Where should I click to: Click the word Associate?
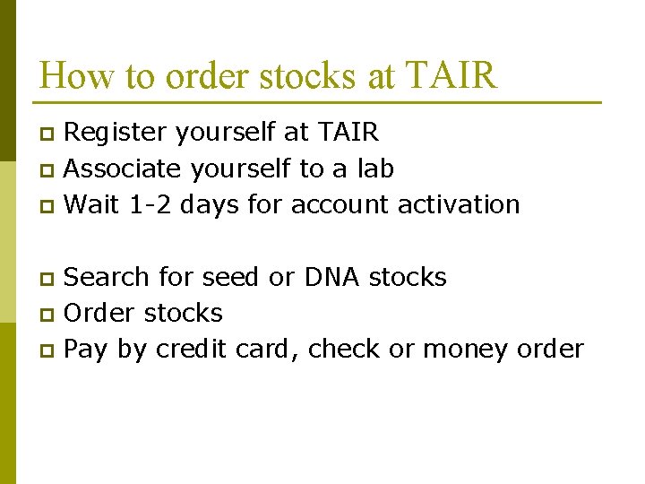click(x=122, y=169)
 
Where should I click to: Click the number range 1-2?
click(x=149, y=204)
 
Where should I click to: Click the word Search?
click(x=106, y=278)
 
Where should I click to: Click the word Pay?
click(x=87, y=350)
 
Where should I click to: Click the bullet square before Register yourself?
click(x=49, y=134)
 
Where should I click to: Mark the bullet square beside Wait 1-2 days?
click(x=49, y=206)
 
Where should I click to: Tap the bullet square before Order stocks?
click(x=49, y=315)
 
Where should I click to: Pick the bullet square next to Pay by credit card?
click(x=49, y=350)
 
